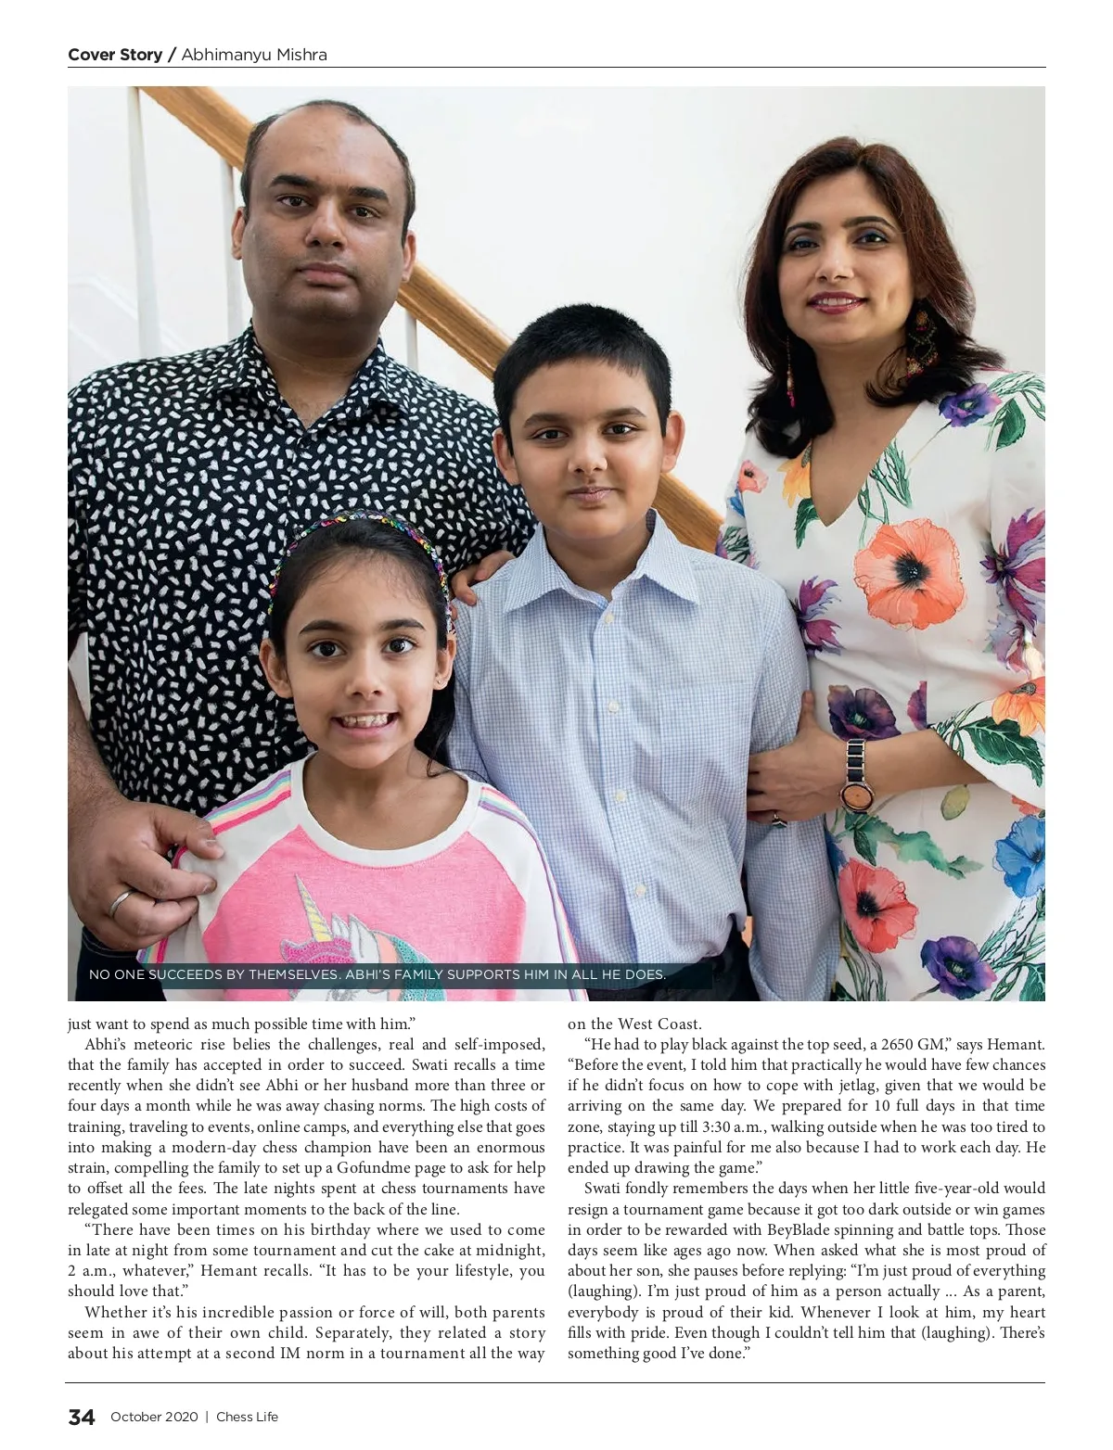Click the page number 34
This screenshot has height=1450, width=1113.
pyautogui.click(x=82, y=1417)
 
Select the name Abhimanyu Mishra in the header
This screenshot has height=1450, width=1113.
pyautogui.click(x=254, y=55)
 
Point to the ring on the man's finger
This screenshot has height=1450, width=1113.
pyautogui.click(x=122, y=901)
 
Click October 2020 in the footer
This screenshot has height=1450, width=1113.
pyautogui.click(x=154, y=1417)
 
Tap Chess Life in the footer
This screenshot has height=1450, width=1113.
pyautogui.click(x=247, y=1417)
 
